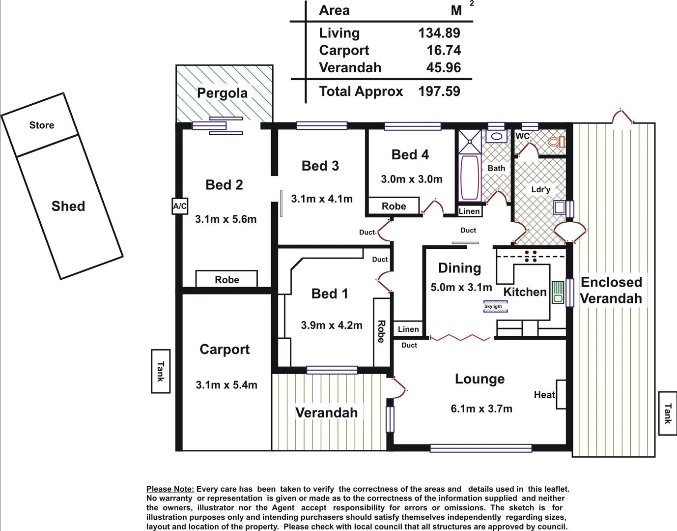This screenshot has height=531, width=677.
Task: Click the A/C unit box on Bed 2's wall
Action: (180, 206)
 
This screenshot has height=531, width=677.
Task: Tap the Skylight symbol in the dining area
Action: (493, 307)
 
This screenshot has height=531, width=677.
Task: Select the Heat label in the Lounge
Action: (544, 395)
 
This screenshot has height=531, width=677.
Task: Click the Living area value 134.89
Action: (439, 33)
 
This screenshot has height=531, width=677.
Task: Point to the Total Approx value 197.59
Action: (439, 91)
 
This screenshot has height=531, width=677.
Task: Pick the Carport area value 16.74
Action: (443, 50)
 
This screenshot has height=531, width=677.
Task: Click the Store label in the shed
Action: (42, 125)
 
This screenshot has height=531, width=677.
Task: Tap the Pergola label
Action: (222, 93)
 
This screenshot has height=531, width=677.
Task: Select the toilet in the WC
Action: (556, 142)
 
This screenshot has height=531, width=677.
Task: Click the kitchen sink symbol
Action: (558, 292)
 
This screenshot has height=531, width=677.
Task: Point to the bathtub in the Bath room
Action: (470, 177)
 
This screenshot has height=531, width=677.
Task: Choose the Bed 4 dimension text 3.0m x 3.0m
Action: (411, 179)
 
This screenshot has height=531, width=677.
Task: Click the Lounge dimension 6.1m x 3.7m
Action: (481, 409)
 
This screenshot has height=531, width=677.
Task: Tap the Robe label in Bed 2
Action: (226, 280)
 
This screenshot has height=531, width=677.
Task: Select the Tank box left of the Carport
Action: (160, 371)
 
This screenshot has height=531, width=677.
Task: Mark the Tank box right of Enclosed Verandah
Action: (667, 413)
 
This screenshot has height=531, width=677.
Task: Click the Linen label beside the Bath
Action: (469, 211)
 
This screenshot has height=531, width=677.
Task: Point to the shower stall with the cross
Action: (470, 142)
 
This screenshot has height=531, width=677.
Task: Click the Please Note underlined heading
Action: (170, 489)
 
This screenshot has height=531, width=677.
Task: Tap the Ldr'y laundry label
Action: (540, 190)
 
